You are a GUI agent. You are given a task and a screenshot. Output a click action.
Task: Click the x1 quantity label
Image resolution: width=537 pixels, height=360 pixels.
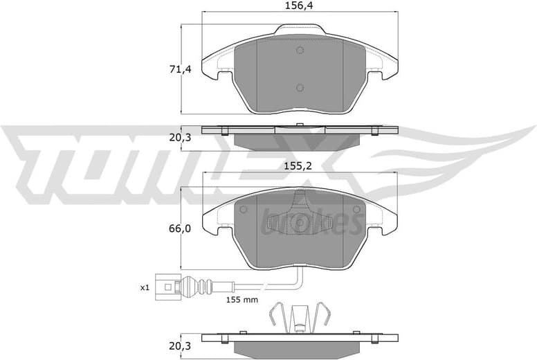(x=145, y=287)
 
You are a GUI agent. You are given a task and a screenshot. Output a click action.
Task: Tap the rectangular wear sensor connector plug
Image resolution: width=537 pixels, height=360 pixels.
(x=166, y=285)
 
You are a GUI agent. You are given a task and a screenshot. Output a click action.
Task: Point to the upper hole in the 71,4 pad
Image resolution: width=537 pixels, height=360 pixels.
(x=300, y=51)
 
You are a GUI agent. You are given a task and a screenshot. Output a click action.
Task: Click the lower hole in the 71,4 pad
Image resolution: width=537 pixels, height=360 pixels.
(x=300, y=87)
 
